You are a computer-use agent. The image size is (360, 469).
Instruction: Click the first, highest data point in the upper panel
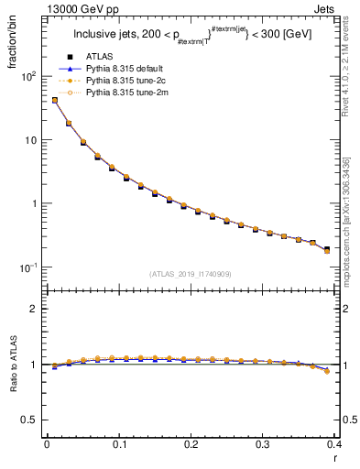(x=54, y=100)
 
